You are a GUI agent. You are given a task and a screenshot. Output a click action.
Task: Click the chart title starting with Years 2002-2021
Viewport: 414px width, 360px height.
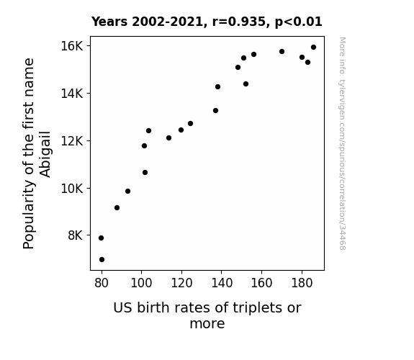207,22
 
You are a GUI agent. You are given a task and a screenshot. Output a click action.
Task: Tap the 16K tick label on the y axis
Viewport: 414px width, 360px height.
72,46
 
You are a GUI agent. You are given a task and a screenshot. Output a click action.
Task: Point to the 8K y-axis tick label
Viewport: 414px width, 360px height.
76,235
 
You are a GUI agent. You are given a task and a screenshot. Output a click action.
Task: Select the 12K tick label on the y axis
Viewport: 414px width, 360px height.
72,141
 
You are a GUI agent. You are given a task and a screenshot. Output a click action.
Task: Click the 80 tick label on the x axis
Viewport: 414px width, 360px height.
102,283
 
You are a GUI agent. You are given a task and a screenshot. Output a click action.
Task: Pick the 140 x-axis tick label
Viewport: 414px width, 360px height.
222,283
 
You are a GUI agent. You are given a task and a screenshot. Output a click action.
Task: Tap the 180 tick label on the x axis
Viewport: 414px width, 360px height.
302,283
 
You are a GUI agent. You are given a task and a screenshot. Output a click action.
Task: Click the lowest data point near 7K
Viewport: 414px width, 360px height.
102,260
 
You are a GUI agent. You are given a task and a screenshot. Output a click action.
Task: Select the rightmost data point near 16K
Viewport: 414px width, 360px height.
314,48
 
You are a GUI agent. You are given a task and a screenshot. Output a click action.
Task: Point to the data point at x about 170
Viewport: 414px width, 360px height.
282,52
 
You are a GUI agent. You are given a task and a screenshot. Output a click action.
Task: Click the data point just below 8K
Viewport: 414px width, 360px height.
101,238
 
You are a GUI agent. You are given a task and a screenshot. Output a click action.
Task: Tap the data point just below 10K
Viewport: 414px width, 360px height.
127,192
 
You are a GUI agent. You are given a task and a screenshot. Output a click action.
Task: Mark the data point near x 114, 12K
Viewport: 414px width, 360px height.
169,138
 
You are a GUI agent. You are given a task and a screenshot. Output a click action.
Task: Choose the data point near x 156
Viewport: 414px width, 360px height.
253,55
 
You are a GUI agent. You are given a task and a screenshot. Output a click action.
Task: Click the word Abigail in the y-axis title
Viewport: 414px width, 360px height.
45,154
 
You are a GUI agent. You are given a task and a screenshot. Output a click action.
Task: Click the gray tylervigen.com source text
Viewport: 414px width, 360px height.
343,143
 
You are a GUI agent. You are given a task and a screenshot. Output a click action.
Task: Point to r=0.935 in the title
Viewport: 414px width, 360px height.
239,22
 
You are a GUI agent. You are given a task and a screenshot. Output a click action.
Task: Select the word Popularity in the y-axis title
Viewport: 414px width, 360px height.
29,215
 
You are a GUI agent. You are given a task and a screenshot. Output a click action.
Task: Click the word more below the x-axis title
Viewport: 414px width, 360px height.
207,324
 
